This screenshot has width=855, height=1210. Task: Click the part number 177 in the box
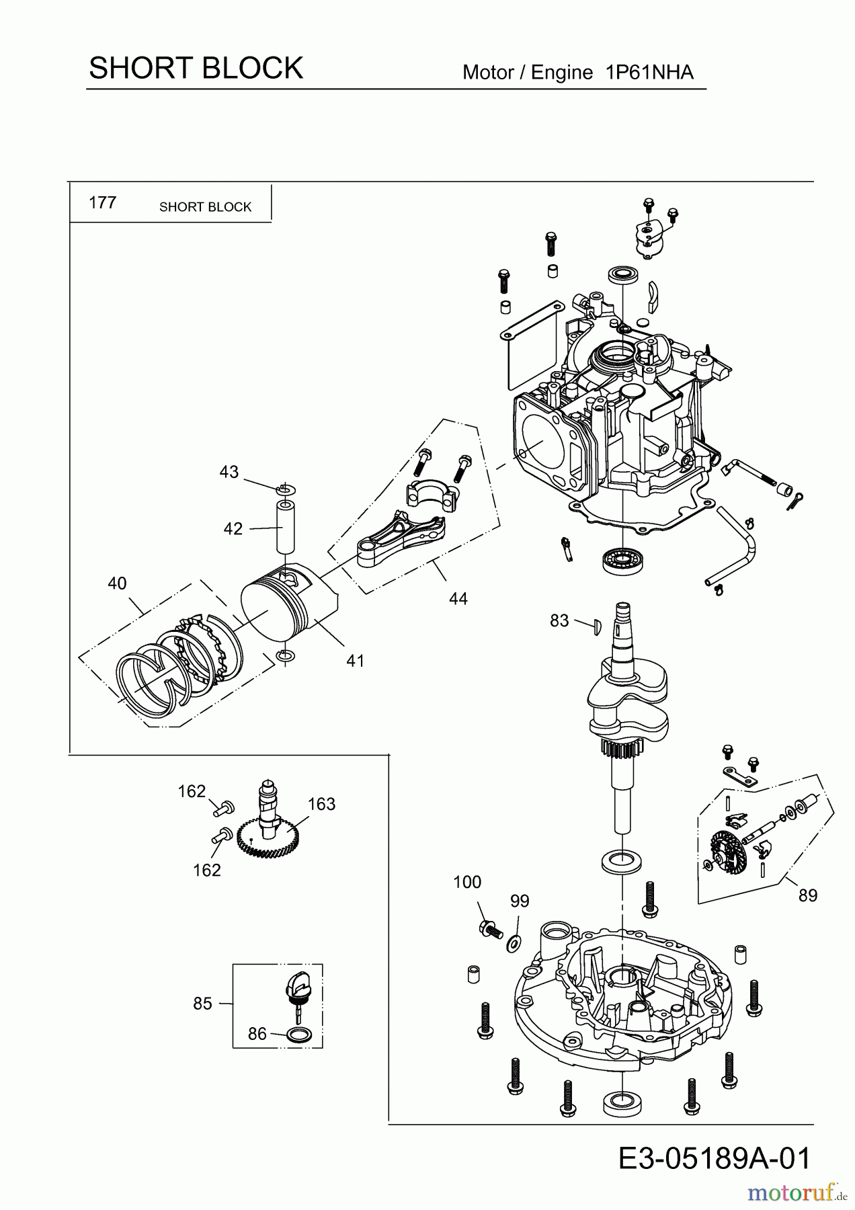[102, 202]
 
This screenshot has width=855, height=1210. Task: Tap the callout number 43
[229, 472]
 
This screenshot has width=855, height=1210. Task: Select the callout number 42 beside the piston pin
[233, 529]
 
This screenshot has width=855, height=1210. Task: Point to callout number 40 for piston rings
[117, 583]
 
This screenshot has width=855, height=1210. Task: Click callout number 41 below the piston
[355, 661]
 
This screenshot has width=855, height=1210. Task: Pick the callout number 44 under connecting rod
[458, 598]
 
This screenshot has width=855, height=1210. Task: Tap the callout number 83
[559, 621]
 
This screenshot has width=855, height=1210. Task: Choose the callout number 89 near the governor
[808, 895]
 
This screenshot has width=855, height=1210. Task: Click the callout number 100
[467, 882]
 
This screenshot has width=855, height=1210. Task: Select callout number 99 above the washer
[520, 901]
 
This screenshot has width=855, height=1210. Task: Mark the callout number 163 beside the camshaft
[321, 804]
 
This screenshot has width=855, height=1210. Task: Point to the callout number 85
[202, 1004]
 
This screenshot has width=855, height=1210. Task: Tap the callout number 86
[257, 1034]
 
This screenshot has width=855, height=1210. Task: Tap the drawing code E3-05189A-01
[715, 1158]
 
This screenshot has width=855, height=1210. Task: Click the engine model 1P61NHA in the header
[649, 73]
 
